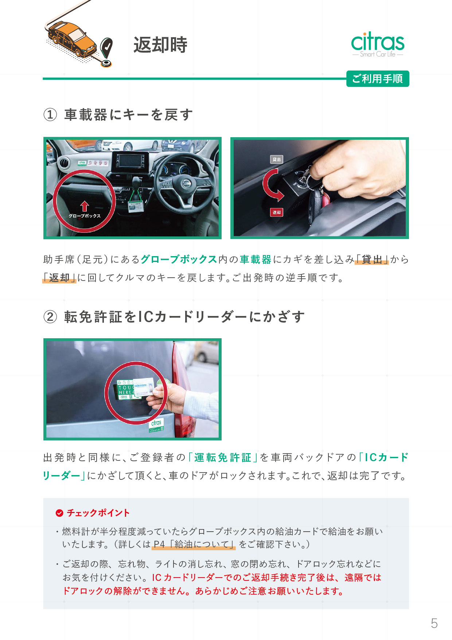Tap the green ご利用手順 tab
[x=378, y=79]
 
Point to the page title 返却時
[x=160, y=45]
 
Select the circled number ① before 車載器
[x=50, y=115]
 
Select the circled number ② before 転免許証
[x=50, y=317]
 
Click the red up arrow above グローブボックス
[x=85, y=206]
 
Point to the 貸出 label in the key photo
[x=277, y=159]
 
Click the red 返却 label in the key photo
[x=277, y=212]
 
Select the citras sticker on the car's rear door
[x=156, y=425]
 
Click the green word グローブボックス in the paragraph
[x=179, y=259]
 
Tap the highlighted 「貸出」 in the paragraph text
[x=372, y=259]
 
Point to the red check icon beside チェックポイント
[x=59, y=513]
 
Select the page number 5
[x=434, y=623]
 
